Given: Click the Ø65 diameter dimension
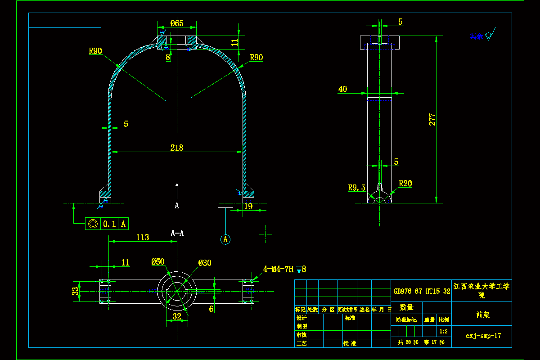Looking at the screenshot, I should click(x=177, y=23).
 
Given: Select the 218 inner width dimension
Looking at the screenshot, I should click(x=177, y=147).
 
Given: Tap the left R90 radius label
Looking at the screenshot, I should click(x=95, y=51).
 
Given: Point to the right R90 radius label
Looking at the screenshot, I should click(x=256, y=57).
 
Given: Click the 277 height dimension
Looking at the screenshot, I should click(x=432, y=119).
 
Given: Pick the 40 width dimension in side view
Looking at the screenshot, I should click(x=342, y=89).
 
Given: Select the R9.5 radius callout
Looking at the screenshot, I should click(x=356, y=188).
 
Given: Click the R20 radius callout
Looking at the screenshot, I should click(x=405, y=184).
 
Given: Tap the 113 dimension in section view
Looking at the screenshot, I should click(x=142, y=237).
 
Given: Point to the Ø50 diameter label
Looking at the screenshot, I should click(x=158, y=262).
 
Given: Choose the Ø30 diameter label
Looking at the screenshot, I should click(x=205, y=263).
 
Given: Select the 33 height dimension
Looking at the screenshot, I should click(x=75, y=291).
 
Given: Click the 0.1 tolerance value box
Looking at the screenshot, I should click(x=109, y=224).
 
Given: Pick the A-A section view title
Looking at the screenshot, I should click(x=177, y=233).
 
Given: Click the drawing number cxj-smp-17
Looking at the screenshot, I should click(x=483, y=336).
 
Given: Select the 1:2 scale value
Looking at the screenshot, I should click(x=443, y=332).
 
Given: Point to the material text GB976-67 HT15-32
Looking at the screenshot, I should click(x=422, y=291).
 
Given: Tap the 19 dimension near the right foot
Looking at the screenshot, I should click(x=248, y=206).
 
